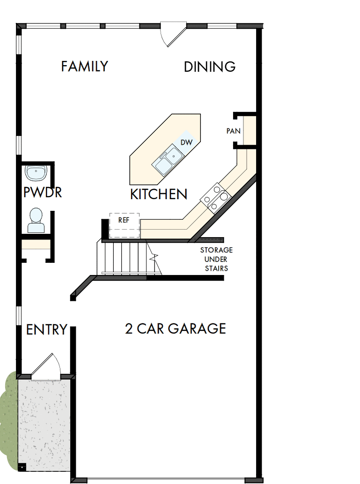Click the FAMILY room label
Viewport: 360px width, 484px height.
pos(84,67)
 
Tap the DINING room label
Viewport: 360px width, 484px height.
pos(209,67)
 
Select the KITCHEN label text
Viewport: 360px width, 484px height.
pos(159,194)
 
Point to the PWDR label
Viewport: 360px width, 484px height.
pos(43,192)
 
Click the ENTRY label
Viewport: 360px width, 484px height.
pos(46,330)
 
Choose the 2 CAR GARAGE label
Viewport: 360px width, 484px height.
pos(176,328)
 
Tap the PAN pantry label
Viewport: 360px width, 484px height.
pos(233,131)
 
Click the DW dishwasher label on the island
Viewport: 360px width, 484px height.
pos(186,142)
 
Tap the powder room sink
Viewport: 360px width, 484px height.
pos(36,173)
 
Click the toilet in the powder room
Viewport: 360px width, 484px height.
pos(36,220)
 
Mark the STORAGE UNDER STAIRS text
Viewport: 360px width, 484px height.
pos(216,259)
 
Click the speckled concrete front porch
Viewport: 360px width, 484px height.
pos(44,422)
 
